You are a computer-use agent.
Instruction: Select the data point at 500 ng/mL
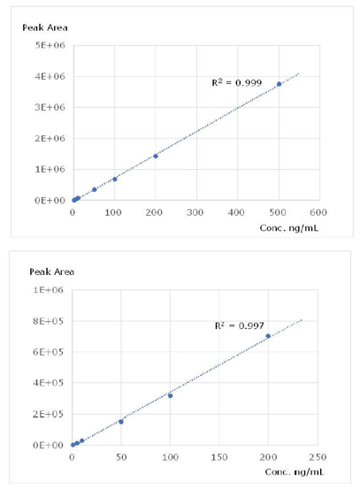tap(279, 84)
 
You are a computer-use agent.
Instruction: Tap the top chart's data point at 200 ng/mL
tap(156, 156)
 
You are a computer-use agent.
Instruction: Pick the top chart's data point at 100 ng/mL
tap(115, 179)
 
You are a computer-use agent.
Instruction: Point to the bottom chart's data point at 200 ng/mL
tap(268, 336)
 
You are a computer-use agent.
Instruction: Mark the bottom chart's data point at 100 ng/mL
tap(170, 395)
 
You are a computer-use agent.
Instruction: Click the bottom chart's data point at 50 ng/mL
tap(121, 422)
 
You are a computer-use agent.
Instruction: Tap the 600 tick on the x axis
tap(318, 212)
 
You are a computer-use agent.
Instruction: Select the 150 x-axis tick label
tap(218, 457)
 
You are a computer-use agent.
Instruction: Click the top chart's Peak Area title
tap(45, 27)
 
